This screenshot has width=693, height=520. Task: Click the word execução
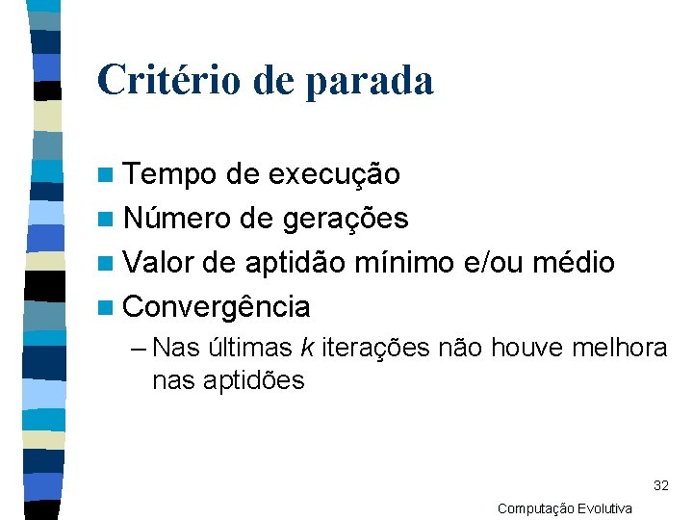tap(334, 174)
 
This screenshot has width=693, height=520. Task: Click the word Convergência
tap(218, 307)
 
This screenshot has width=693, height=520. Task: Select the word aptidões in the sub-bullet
tap(253, 380)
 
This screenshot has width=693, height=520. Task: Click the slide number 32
tap(660, 484)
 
